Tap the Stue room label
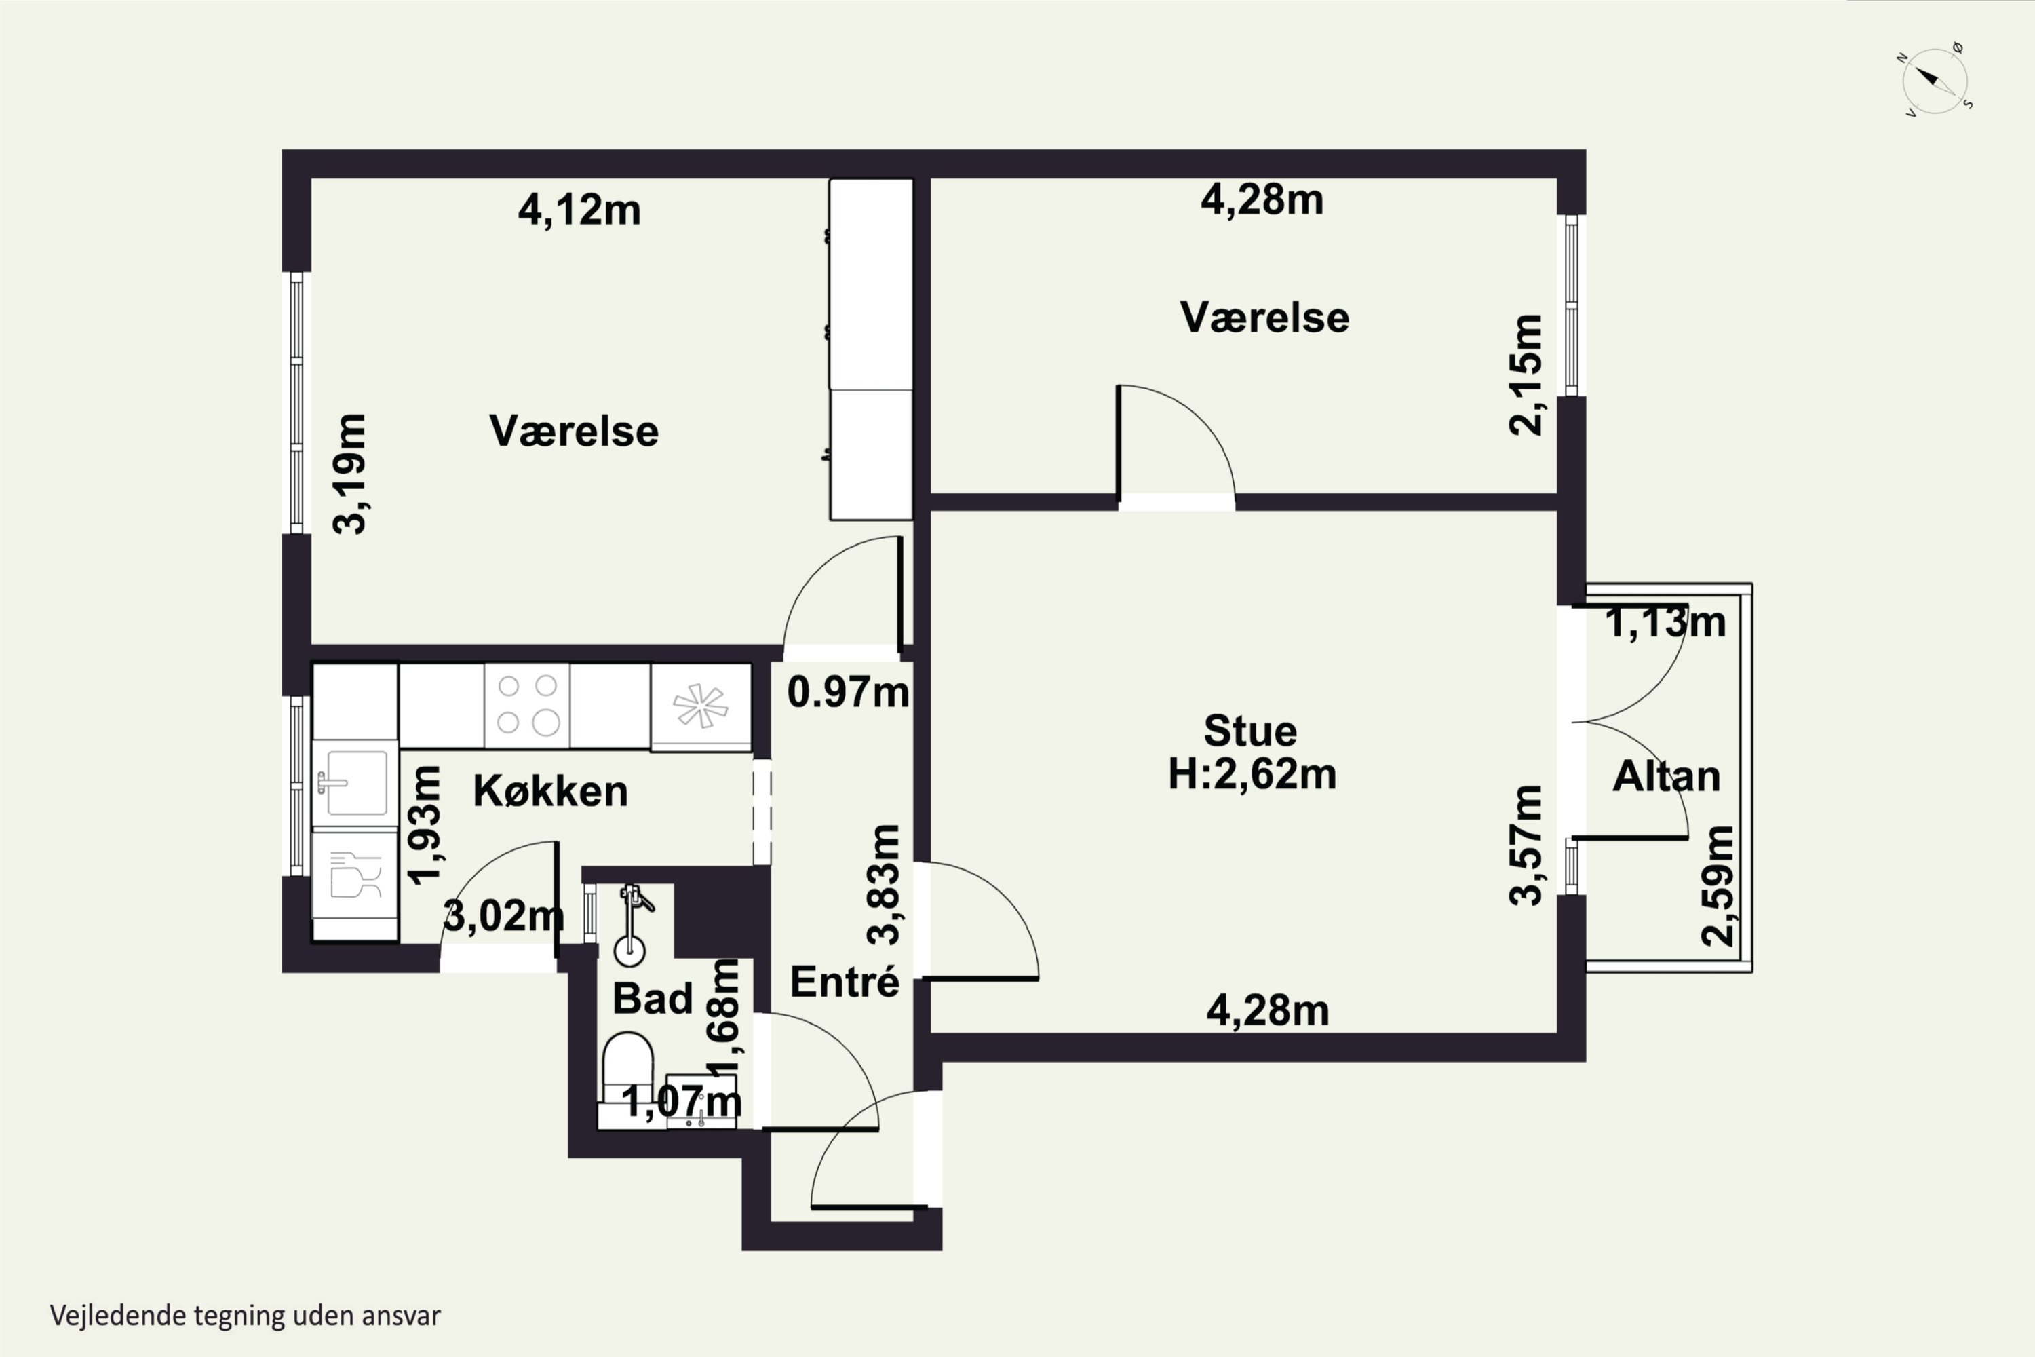1250,731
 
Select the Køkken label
550,791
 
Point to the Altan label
1667,777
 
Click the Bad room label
653,999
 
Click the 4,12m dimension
579,210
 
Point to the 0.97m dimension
848,691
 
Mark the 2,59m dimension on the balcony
1718,885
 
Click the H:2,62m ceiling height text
1252,773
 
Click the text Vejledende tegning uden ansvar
245,1316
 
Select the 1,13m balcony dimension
1665,622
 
